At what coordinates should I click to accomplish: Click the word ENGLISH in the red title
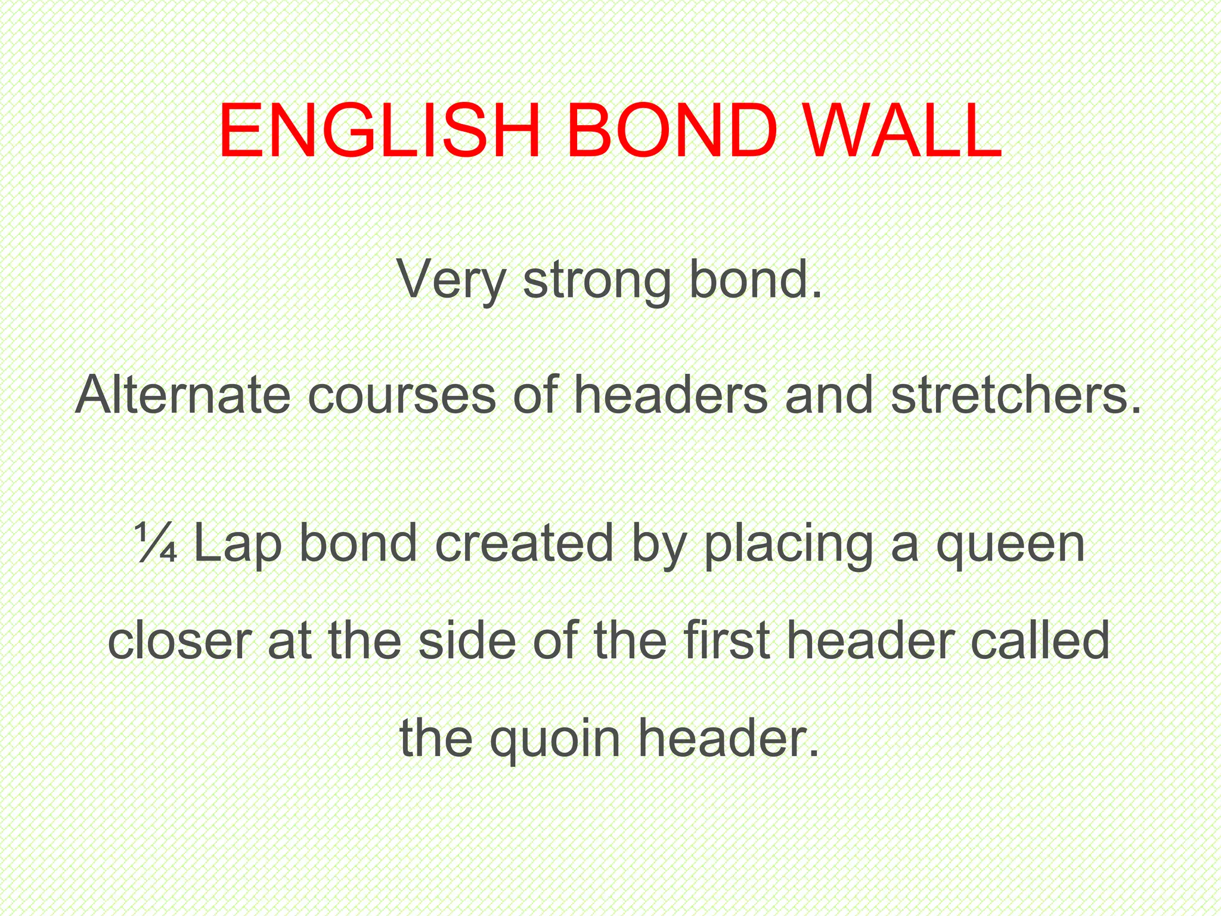pos(379,132)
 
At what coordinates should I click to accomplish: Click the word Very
pos(451,280)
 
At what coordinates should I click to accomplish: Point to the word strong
pos(597,280)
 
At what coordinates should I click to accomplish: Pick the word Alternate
pos(183,395)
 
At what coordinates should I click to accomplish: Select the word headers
pos(671,395)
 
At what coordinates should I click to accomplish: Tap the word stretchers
pos(1017,395)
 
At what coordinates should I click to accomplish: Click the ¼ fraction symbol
pos(156,543)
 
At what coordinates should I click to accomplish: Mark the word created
pos(524,543)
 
